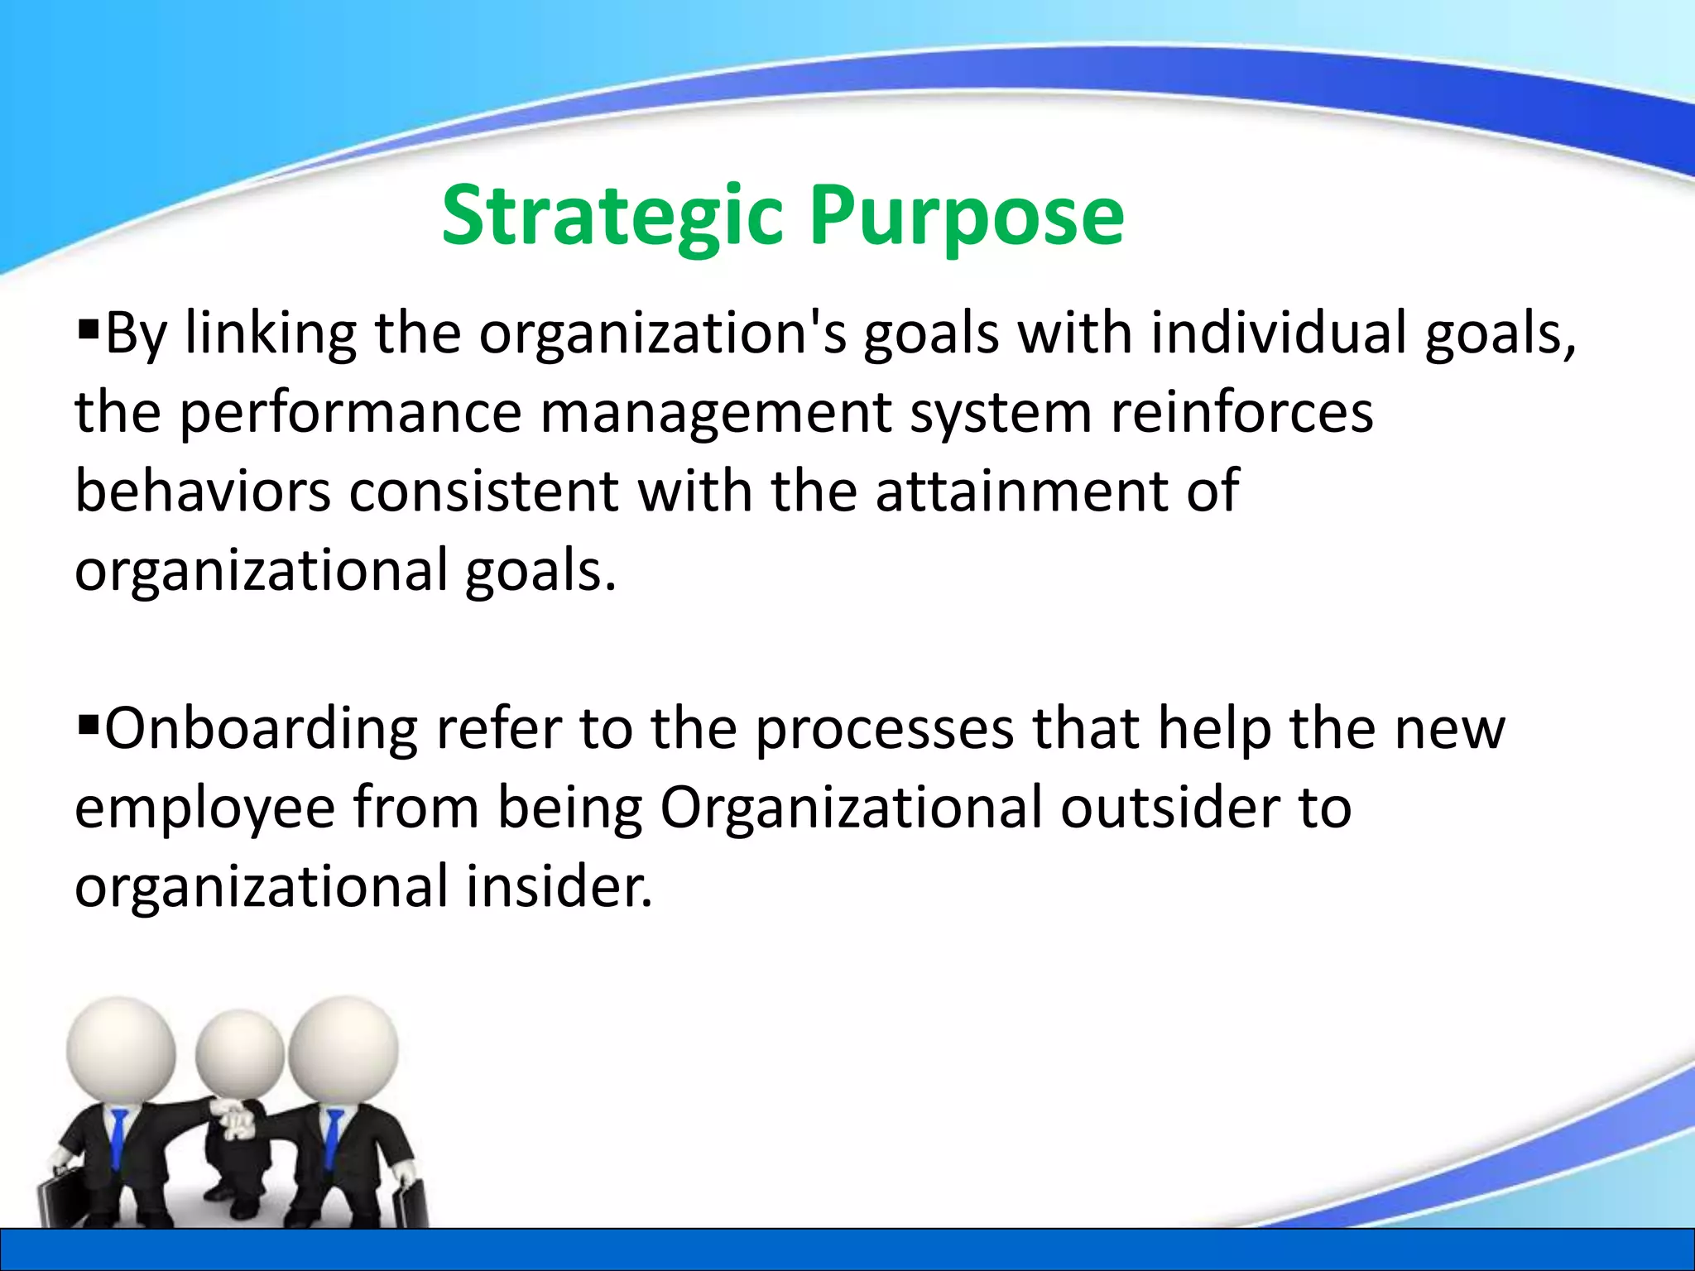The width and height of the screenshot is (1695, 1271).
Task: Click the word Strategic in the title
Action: (611, 217)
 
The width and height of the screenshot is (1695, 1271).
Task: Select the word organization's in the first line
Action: (663, 333)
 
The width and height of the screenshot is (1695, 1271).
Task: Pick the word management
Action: (715, 412)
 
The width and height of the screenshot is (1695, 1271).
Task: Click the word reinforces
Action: (1241, 412)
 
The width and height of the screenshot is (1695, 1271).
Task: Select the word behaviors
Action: (203, 492)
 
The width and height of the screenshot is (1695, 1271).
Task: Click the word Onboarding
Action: (262, 729)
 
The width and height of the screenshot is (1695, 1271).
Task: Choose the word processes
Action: (885, 729)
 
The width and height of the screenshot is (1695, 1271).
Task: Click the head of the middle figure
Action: (239, 1054)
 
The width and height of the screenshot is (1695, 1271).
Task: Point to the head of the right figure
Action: (343, 1047)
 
